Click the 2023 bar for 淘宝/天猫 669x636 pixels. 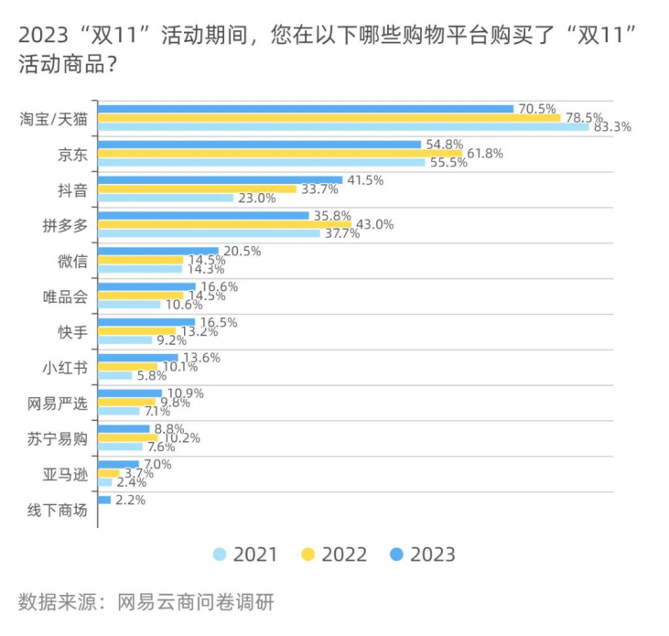point(305,109)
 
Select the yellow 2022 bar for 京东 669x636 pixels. point(279,153)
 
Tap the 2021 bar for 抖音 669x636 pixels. point(165,198)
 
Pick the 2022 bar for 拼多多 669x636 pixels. point(224,224)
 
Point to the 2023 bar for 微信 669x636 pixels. point(157,251)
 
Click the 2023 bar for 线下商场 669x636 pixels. point(103,501)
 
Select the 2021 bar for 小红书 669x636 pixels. point(114,375)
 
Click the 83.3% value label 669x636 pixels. point(612,127)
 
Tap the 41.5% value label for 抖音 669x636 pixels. point(364,180)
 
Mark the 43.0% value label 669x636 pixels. point(373,224)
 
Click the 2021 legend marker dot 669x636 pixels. point(220,555)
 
